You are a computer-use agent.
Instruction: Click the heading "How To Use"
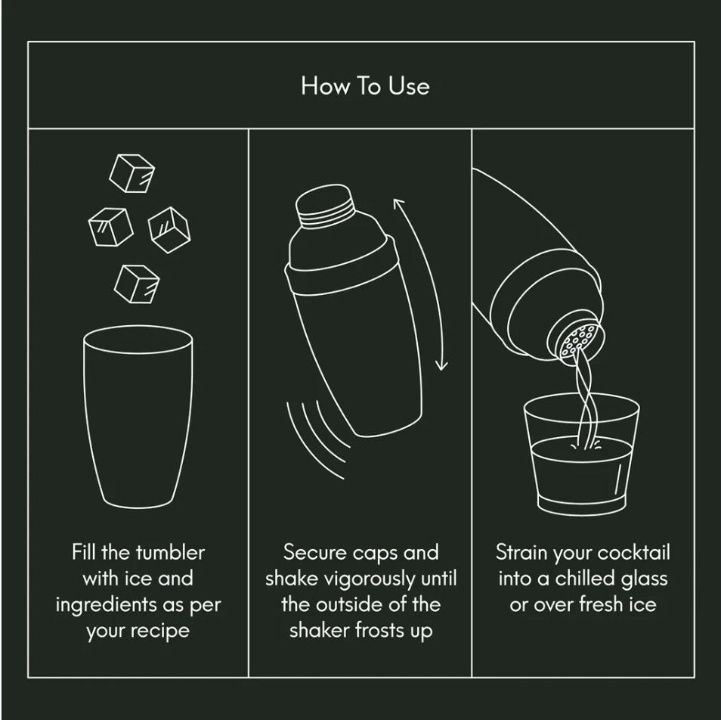tap(366, 86)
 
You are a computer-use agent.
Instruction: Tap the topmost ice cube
tap(132, 173)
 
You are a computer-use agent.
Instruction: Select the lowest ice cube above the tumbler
tap(137, 284)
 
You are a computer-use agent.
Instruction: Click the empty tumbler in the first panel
tap(138, 417)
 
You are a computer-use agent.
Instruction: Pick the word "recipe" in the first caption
tap(160, 632)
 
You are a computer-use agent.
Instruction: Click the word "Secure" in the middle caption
tap(307, 553)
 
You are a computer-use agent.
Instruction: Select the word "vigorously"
tap(370, 579)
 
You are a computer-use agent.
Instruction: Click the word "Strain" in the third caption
tap(521, 553)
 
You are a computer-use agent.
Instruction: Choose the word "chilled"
tap(584, 579)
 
